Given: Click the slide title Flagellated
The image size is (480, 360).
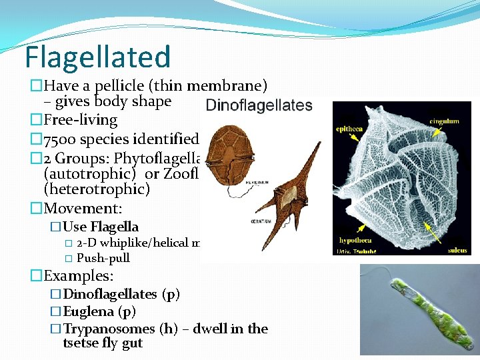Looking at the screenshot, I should pyautogui.click(x=98, y=57).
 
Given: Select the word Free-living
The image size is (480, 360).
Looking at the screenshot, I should pyautogui.click(x=80, y=120).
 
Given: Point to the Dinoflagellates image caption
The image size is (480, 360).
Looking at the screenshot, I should pyautogui.click(x=259, y=105).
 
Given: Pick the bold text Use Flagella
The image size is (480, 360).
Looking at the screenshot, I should pyautogui.click(x=101, y=227).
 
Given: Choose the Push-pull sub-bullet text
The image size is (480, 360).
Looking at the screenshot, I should pyautogui.click(x=103, y=258).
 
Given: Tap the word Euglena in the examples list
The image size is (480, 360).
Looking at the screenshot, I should pyautogui.click(x=89, y=311).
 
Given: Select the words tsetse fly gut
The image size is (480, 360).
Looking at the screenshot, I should pyautogui.click(x=103, y=343).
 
